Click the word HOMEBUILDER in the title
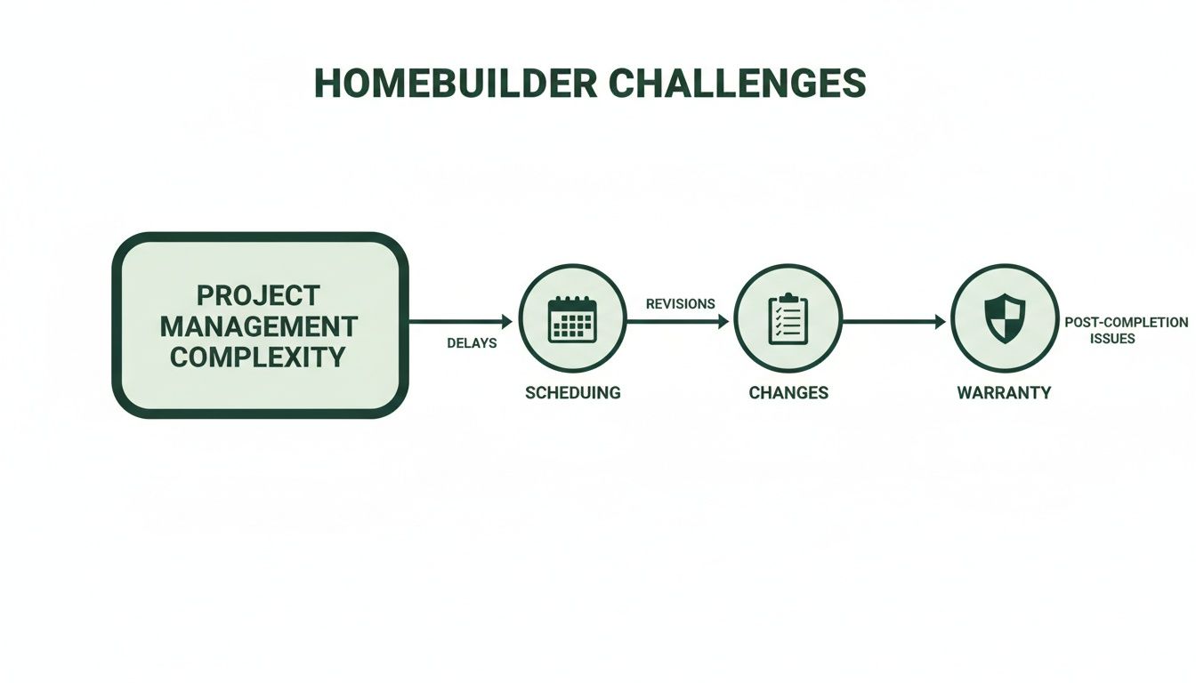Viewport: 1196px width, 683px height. (x=455, y=84)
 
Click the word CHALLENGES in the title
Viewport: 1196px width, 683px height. (x=738, y=84)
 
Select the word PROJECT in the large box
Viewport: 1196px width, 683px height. (x=258, y=295)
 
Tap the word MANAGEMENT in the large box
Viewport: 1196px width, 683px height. (x=258, y=326)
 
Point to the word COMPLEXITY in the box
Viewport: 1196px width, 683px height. (x=258, y=358)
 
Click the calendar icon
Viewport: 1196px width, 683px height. (x=572, y=319)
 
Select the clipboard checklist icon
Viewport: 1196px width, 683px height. (x=788, y=318)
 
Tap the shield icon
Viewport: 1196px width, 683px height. (x=1005, y=318)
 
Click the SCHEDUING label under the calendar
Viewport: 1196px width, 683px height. (x=573, y=393)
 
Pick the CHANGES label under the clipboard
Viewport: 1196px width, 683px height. (x=788, y=393)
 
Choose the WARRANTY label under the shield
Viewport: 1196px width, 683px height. (x=1004, y=393)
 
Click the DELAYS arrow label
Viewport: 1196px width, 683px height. (x=472, y=343)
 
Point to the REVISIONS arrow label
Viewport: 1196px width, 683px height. (x=680, y=304)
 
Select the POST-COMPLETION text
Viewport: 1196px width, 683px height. (x=1126, y=323)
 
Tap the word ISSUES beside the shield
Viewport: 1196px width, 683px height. (x=1112, y=339)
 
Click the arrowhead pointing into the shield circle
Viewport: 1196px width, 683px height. (x=941, y=321)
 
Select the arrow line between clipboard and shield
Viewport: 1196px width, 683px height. (x=890, y=321)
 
